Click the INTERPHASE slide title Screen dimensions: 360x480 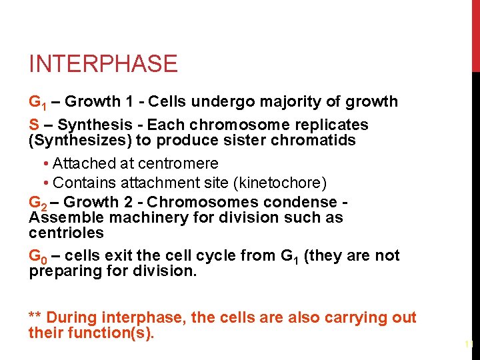(x=103, y=64)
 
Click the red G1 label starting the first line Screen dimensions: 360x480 (x=36, y=103)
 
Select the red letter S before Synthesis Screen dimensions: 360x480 (x=33, y=125)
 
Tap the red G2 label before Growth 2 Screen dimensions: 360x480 (x=37, y=203)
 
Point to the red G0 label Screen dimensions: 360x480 (x=37, y=257)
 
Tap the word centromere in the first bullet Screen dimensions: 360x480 (x=179, y=163)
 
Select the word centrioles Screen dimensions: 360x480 (x=67, y=233)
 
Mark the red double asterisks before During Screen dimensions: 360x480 (x=35, y=317)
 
